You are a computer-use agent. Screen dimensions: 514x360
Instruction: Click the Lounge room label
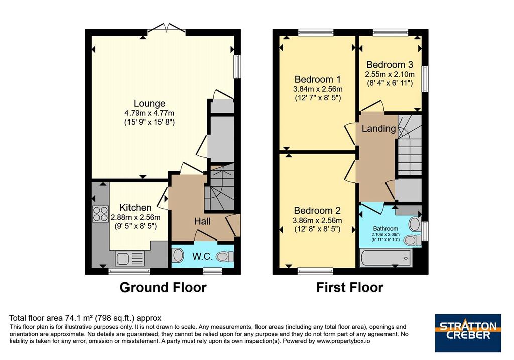pyautogui.click(x=149, y=103)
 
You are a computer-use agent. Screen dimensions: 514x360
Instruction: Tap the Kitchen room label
pyautogui.click(x=136, y=207)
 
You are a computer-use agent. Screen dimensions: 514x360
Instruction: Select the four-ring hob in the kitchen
pyautogui.click(x=100, y=213)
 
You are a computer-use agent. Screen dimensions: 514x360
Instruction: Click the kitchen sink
pyautogui.click(x=130, y=258)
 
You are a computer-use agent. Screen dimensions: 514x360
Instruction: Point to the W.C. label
pyautogui.click(x=203, y=256)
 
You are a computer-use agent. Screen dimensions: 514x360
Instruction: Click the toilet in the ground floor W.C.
pyautogui.click(x=225, y=257)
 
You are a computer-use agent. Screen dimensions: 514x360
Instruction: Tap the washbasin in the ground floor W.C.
pyautogui.click(x=178, y=255)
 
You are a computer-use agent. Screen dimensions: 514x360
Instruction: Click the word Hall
pyautogui.click(x=202, y=221)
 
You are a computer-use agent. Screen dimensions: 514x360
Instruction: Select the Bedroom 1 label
pyautogui.click(x=318, y=79)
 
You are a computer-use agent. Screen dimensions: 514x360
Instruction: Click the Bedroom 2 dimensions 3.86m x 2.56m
pyautogui.click(x=317, y=220)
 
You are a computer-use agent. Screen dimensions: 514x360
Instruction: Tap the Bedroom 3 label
pyautogui.click(x=390, y=65)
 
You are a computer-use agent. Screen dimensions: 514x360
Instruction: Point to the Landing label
pyautogui.click(x=378, y=128)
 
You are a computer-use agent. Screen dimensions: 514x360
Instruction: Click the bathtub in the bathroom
pyautogui.click(x=385, y=258)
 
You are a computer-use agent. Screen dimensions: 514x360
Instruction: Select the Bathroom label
pyautogui.click(x=385, y=229)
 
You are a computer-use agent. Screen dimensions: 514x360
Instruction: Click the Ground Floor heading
pyautogui.click(x=163, y=287)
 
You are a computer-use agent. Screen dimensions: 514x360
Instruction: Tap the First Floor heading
pyautogui.click(x=350, y=288)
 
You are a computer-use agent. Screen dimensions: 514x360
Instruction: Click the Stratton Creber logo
pyautogui.click(x=468, y=333)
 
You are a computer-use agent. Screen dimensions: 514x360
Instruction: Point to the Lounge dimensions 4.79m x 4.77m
pyautogui.click(x=149, y=113)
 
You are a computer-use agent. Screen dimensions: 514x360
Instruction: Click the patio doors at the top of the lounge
pyautogui.click(x=167, y=29)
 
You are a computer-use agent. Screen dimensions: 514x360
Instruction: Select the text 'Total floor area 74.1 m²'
pyautogui.click(x=52, y=318)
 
